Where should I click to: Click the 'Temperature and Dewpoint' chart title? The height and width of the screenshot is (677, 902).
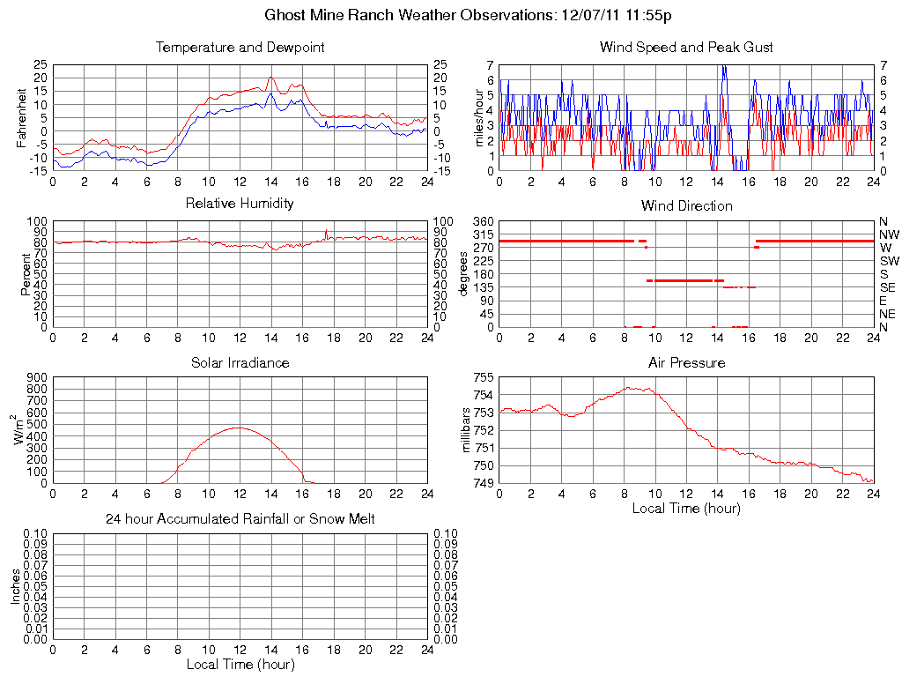[x=240, y=48]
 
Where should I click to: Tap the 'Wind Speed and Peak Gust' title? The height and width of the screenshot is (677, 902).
[x=686, y=48]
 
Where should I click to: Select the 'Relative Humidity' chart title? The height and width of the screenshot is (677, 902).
[x=240, y=204]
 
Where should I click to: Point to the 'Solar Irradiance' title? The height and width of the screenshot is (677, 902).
[x=240, y=362]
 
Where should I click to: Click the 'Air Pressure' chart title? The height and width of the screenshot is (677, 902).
[x=686, y=362]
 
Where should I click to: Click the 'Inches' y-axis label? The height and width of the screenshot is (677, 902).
[x=16, y=586]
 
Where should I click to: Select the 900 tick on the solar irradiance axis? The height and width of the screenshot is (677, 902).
[x=36, y=377]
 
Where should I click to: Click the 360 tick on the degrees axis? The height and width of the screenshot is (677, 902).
[x=483, y=221]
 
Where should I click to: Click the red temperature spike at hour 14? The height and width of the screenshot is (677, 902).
[x=271, y=78]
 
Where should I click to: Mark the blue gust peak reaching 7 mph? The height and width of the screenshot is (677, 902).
[x=723, y=67]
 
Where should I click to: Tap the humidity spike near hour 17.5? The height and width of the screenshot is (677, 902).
[x=326, y=230]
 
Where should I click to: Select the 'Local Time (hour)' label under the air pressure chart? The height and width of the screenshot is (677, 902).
[x=686, y=508]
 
